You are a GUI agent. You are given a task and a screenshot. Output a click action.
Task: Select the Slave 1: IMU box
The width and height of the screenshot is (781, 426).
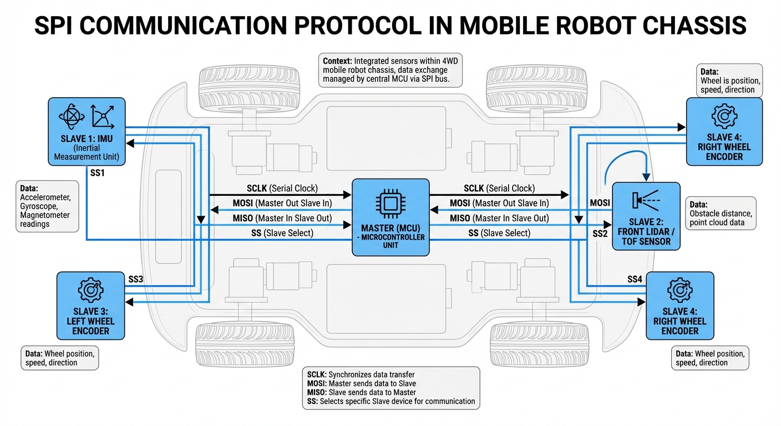pos(87,131)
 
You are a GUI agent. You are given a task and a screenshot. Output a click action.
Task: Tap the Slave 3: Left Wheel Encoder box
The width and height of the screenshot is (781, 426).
pos(91,305)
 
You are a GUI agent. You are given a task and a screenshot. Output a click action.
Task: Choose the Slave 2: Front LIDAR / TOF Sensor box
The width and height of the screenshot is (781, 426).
pos(646,216)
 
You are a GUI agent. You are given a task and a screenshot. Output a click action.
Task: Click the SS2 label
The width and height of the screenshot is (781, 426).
pos(600,234)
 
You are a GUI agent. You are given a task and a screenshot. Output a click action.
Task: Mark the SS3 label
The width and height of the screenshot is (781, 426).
pos(136,279)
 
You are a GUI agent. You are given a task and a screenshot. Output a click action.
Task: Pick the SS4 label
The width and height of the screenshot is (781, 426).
pos(634,279)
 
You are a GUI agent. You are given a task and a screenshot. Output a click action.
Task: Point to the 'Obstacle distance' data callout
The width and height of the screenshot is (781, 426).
pos(721,213)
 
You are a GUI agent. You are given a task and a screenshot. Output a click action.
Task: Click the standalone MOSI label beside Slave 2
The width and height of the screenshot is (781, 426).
pos(600,203)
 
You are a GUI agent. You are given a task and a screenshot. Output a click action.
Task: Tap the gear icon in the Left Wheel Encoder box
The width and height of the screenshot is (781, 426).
pos(90,289)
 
